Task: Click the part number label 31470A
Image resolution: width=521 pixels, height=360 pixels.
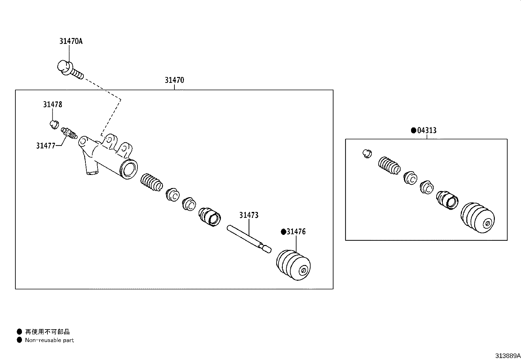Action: (x=71, y=41)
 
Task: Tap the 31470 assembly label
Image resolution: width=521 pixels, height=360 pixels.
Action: (x=174, y=80)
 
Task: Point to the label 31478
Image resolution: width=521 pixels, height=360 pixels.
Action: (x=53, y=104)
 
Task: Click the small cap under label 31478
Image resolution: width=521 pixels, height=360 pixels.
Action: (x=54, y=125)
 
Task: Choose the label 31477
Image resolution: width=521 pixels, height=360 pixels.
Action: (x=45, y=146)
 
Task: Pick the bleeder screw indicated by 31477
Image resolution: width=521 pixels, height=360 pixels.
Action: (x=69, y=133)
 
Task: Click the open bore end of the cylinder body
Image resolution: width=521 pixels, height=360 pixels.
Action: (x=129, y=170)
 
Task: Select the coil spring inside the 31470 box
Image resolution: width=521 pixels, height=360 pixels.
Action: (x=152, y=182)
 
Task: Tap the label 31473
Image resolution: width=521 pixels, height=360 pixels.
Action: (x=249, y=215)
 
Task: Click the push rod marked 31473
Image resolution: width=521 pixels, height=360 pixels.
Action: (x=249, y=239)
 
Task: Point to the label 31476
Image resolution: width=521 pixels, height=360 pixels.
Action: (x=296, y=232)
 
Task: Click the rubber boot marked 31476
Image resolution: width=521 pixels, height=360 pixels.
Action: (x=293, y=265)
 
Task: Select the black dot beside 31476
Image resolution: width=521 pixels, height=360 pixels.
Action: (x=283, y=232)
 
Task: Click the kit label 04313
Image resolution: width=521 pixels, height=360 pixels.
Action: (x=427, y=130)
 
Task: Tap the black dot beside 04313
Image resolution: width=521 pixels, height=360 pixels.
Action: (x=414, y=130)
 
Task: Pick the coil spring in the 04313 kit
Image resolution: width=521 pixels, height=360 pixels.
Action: (x=389, y=165)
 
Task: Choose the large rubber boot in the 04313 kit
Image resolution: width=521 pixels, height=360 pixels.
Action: (x=477, y=218)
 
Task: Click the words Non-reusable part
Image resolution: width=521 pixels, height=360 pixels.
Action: (x=49, y=340)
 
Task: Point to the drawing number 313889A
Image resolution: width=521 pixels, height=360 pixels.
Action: (x=508, y=356)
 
